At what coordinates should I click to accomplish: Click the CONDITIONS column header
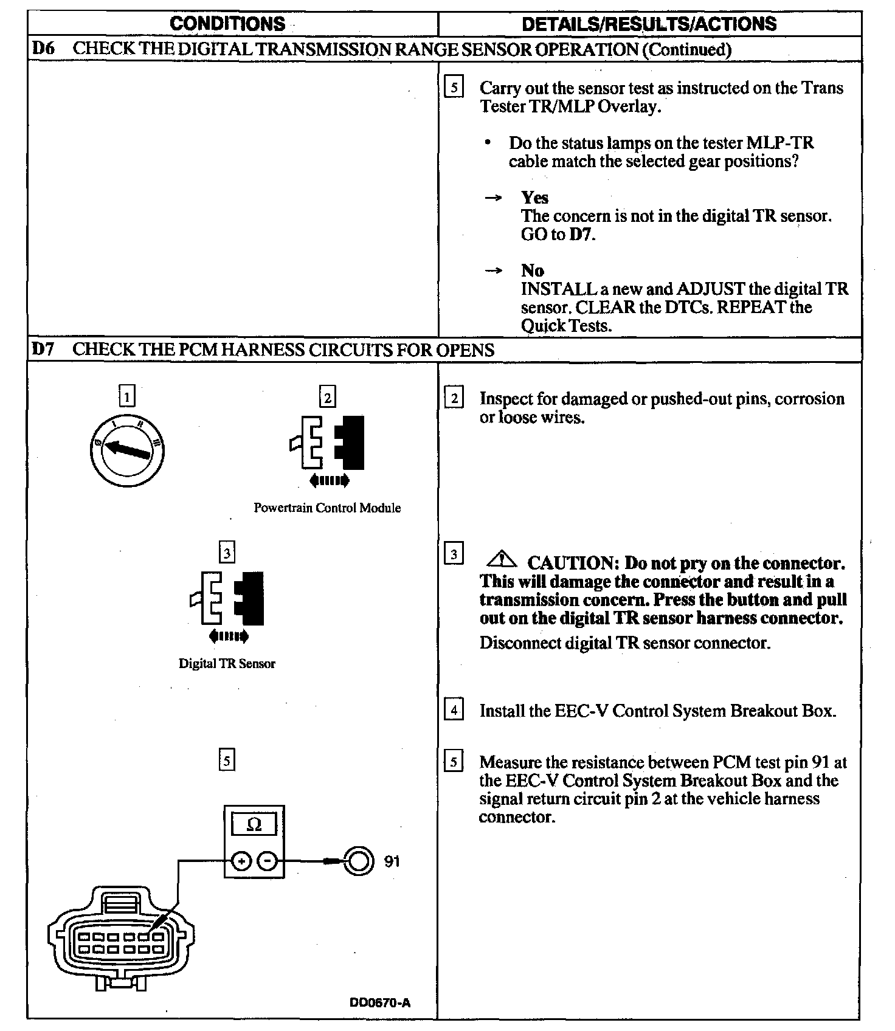click(x=227, y=24)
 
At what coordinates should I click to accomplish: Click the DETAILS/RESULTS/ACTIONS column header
click(x=649, y=24)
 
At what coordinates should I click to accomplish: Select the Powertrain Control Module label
click(x=327, y=508)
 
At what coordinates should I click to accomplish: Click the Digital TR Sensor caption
click(x=227, y=663)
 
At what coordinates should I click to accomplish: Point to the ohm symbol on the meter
click(x=254, y=824)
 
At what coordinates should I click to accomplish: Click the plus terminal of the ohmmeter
click(x=241, y=861)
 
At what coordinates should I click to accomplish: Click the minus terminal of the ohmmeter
click(x=267, y=861)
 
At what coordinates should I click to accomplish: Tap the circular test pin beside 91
click(x=358, y=861)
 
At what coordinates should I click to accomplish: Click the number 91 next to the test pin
click(x=392, y=861)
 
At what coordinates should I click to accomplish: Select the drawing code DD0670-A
click(x=380, y=1002)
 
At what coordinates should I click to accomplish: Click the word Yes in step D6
click(x=534, y=198)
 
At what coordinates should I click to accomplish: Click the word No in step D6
click(x=532, y=271)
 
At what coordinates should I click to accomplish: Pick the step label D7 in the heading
click(x=43, y=350)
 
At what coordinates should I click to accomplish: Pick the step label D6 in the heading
click(x=43, y=49)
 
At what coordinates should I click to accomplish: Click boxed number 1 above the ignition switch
click(x=126, y=398)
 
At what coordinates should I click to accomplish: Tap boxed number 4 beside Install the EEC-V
click(x=454, y=709)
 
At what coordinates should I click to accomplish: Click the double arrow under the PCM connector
click(x=329, y=481)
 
